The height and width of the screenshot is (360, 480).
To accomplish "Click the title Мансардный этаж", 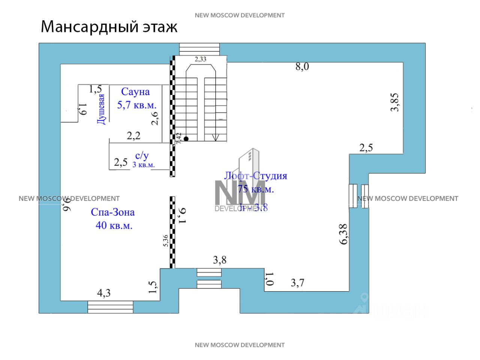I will point(109,27).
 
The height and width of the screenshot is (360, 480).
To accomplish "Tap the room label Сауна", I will point(135,91).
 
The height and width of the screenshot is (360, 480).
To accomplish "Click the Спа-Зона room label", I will point(112,212).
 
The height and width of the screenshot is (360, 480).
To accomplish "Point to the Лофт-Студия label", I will point(255,176).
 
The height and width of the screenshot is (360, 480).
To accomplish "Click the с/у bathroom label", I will point(142,156).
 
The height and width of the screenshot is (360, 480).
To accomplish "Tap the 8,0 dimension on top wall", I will point(302,67).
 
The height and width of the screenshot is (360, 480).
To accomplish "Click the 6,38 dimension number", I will point(343,234).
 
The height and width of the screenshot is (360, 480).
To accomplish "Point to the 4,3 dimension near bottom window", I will point(104,293).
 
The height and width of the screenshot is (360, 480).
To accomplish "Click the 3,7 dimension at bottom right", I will point(297,283).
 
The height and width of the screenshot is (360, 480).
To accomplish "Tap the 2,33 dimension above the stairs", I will point(200,59).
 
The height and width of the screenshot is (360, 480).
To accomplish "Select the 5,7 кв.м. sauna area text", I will point(137,105).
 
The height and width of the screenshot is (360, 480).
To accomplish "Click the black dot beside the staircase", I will point(186,138).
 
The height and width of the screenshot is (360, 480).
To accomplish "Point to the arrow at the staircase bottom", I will point(215,137).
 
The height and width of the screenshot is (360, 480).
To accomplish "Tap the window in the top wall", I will point(199,49).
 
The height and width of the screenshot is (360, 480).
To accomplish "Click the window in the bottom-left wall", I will point(110,307).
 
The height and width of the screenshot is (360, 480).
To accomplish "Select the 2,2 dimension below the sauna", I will point(133,136).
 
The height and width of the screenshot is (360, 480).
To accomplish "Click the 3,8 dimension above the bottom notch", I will point(220,260).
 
